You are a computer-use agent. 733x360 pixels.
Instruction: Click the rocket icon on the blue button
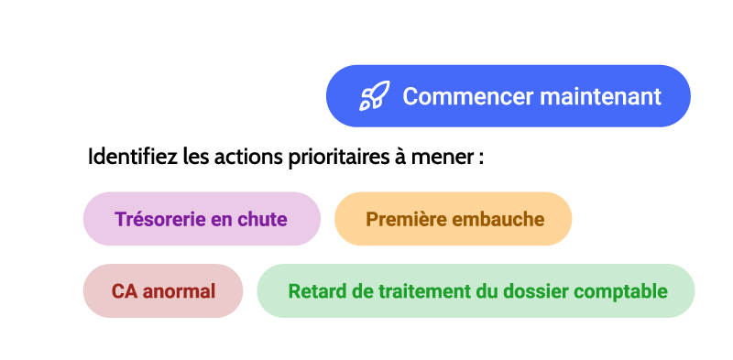tap(373, 96)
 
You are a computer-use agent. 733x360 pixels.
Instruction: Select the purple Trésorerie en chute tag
tap(202, 219)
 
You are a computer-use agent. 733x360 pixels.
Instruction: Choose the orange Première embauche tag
tap(454, 219)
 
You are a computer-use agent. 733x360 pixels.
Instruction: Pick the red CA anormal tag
tap(163, 291)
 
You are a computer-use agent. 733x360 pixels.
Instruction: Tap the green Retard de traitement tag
tap(476, 291)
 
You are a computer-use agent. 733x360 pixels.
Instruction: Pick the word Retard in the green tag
tap(315, 292)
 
